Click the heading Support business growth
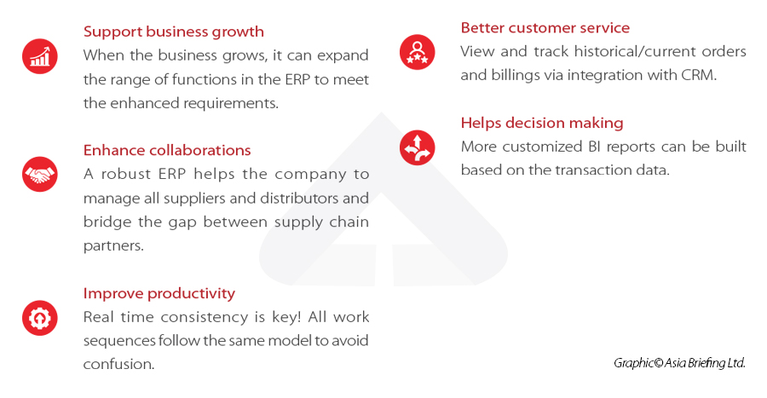coord(173,32)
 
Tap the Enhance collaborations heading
coord(167,150)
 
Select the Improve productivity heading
coord(159,293)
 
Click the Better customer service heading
coord(545,28)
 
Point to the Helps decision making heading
coord(542,123)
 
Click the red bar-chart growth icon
coord(39,56)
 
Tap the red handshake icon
coord(39,175)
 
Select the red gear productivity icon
coord(39,318)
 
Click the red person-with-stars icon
coord(417,52)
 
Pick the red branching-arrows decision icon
coord(417,147)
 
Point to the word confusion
coord(118,364)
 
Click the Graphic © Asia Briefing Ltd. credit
coord(679,362)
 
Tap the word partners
coord(110,245)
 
